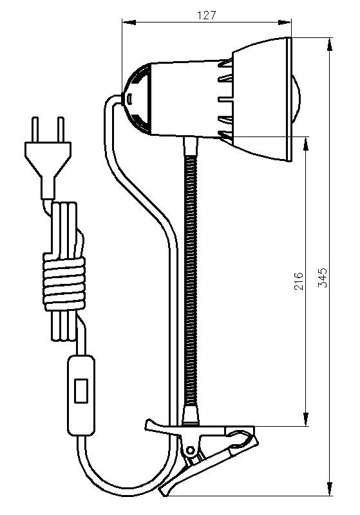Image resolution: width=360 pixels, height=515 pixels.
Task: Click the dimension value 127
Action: [x=207, y=15]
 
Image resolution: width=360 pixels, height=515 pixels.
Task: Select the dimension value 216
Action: [x=299, y=281]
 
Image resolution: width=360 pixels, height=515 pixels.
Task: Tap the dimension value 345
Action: [x=323, y=278]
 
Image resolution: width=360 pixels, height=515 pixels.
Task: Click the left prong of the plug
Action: [x=35, y=129]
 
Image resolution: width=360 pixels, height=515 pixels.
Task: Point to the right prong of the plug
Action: [x=61, y=129]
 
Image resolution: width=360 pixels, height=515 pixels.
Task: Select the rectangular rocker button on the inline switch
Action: [x=81, y=391]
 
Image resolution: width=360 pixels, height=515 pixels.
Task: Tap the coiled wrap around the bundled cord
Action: [x=64, y=284]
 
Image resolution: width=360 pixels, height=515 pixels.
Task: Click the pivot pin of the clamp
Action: [x=190, y=449]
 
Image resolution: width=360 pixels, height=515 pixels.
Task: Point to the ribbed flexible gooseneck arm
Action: [x=191, y=281]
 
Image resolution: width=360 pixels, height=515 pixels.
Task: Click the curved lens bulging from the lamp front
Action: [x=296, y=99]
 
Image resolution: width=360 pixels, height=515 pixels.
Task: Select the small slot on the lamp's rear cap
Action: [x=129, y=98]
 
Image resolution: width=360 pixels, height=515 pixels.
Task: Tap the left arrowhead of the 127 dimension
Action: [x=129, y=23]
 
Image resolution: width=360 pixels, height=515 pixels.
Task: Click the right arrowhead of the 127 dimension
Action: [x=285, y=23]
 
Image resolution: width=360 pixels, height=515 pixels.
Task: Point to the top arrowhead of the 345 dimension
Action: [x=330, y=44]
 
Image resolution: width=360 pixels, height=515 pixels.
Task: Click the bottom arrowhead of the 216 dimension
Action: [x=306, y=420]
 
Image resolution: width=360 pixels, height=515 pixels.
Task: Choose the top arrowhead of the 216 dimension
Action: [x=306, y=144]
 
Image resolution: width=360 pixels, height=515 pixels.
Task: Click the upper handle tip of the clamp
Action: [x=150, y=424]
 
